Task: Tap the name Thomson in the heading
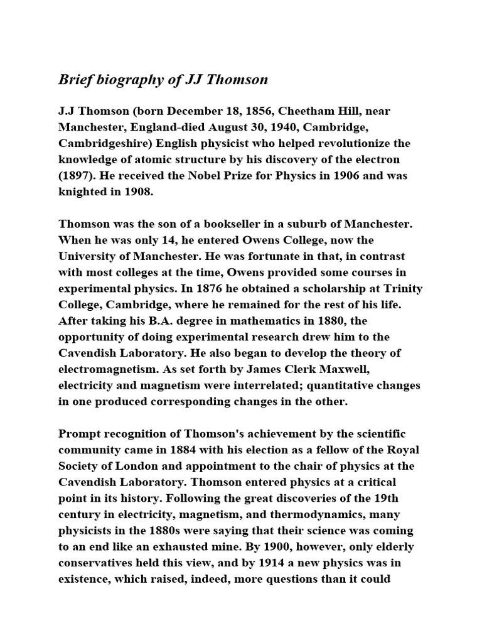237,79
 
